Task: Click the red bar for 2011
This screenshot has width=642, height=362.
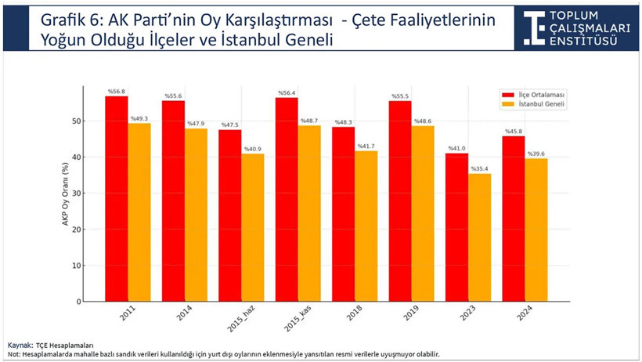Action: tap(117, 199)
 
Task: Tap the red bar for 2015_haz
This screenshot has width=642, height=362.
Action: tap(230, 215)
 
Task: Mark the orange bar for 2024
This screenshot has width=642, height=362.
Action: tap(536, 230)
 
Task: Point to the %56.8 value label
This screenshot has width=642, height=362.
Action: tap(117, 91)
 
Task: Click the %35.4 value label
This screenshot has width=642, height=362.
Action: tap(478, 168)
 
